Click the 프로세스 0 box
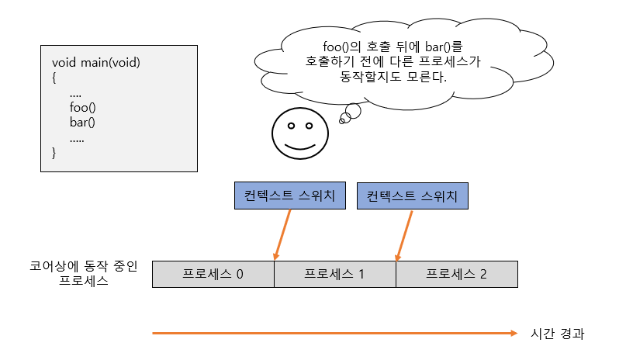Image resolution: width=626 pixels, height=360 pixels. pos(213,274)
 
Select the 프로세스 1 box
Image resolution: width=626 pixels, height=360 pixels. pos(335,274)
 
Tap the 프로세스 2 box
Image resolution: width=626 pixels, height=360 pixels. pos(456,274)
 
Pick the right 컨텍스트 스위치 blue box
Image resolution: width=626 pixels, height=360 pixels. pos(413,196)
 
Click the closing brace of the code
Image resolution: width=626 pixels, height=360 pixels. pos(54,153)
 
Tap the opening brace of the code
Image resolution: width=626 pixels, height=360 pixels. pos(54,78)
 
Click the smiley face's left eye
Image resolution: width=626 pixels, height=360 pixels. pos(289,126)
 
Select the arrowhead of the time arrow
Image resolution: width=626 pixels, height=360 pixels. pos(513,334)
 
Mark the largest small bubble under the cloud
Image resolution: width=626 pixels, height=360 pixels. pos(352,111)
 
